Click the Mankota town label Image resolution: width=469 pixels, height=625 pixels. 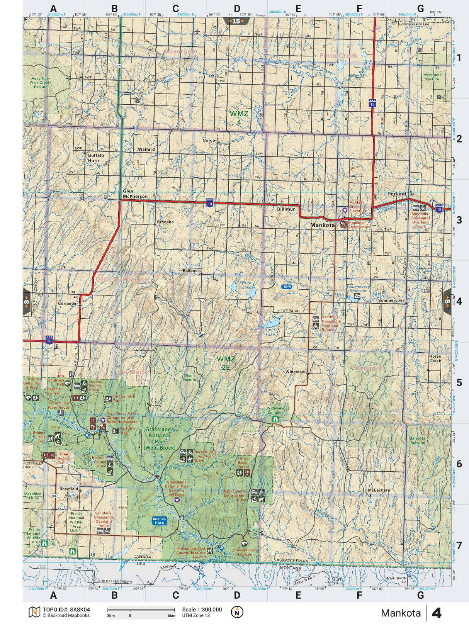(323, 225)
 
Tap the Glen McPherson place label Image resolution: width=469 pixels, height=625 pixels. (135, 194)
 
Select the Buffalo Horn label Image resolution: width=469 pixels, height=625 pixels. (96, 158)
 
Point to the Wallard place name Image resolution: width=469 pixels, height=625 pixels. (146, 149)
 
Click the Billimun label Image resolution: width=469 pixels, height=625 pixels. (286, 209)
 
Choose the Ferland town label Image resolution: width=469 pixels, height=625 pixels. (397, 194)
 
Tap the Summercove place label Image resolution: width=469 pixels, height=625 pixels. (391, 301)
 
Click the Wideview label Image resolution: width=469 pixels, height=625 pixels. (295, 372)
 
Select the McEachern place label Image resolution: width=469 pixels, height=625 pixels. (379, 490)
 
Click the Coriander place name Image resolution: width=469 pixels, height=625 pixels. (68, 304)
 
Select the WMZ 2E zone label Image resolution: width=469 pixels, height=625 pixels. (226, 363)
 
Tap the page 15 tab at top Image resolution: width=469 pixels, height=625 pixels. (236, 22)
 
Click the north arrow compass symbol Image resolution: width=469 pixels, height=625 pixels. (237, 612)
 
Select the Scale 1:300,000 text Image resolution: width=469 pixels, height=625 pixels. (202, 610)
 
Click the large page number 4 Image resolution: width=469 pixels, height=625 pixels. (437, 613)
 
